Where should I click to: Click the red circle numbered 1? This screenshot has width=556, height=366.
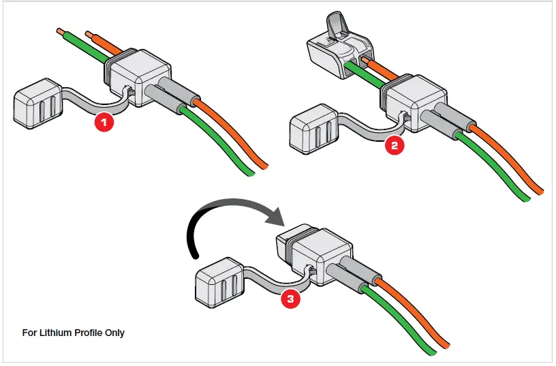104,123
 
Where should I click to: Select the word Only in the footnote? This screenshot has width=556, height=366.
114,333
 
